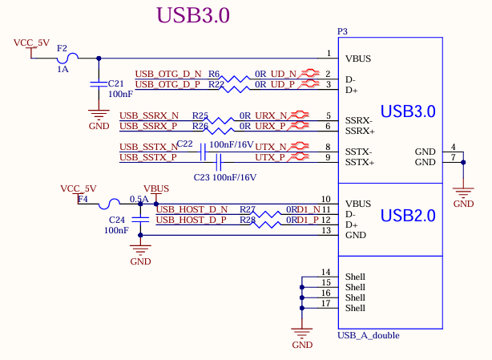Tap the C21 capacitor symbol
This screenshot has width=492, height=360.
99,83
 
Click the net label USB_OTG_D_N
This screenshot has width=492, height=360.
167,73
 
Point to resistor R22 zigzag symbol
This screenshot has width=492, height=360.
235,84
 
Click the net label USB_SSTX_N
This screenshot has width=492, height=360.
149,147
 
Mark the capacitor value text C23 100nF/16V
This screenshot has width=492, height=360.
225,177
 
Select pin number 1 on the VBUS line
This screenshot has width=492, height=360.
328,54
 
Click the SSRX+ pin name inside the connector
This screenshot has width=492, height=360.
360,130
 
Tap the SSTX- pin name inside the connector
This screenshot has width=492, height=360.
359,152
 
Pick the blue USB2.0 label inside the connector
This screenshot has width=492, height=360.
408,215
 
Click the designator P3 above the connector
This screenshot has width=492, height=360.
342,31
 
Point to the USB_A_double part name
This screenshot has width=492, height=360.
369,335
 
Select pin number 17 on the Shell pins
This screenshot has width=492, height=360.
326,303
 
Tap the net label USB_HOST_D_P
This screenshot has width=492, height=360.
191,219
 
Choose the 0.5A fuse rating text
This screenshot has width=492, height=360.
139,199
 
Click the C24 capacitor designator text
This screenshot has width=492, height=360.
116,218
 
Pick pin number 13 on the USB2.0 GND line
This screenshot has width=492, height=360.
326,230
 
